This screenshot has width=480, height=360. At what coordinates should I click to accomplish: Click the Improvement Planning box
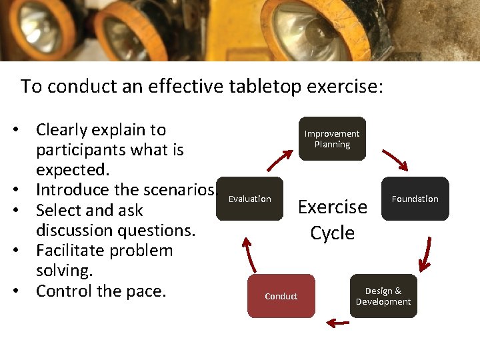click(332, 139)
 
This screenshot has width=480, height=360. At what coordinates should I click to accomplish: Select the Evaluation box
click(250, 199)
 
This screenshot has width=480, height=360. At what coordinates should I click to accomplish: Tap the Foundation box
click(415, 199)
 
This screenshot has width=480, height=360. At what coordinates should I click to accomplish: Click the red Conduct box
click(281, 296)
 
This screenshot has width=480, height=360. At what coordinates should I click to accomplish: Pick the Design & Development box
click(383, 296)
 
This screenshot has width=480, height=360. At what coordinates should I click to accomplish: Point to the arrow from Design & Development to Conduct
click(338, 323)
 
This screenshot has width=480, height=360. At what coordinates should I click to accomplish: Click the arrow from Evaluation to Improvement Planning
click(279, 161)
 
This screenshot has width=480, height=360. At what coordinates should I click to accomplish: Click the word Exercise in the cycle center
click(332, 207)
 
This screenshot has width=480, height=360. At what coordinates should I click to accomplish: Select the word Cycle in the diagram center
click(332, 233)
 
